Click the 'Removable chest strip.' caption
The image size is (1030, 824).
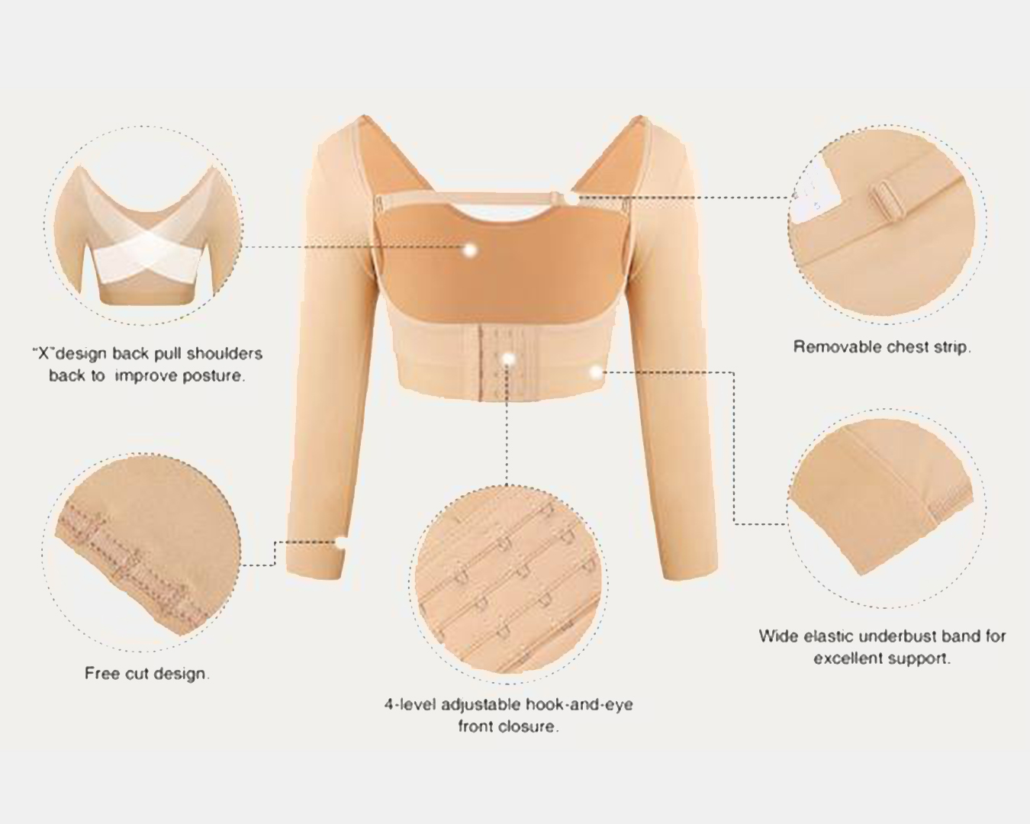(x=882, y=347)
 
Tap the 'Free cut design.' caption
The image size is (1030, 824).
(x=147, y=673)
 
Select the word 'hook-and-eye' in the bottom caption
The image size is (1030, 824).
(x=579, y=705)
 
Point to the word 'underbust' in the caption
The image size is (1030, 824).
(x=898, y=636)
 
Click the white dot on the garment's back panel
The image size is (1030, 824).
(x=471, y=249)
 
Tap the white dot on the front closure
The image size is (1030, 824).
(x=508, y=358)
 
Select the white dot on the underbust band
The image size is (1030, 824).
(x=595, y=371)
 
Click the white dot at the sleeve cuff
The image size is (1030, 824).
(x=341, y=542)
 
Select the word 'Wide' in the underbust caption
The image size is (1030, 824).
(x=778, y=636)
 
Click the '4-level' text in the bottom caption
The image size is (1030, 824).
(x=410, y=705)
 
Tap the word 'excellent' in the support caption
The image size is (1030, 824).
(x=845, y=658)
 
